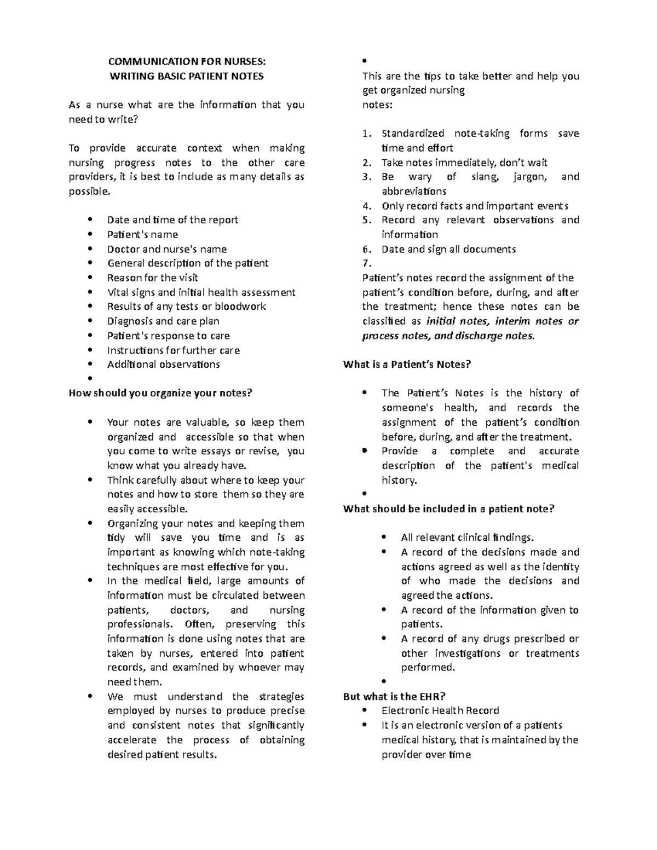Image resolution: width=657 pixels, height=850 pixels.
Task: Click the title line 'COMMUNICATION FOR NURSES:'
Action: coord(187,62)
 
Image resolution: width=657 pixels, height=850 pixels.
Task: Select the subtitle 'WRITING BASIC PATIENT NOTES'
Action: coord(187,76)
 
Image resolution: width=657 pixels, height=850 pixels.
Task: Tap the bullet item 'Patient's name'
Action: coord(142,234)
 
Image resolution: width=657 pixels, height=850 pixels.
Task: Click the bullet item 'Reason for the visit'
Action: coord(152,277)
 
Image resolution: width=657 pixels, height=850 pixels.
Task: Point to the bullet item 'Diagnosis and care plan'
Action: coord(163,321)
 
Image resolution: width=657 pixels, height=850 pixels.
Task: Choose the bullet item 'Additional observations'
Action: coord(163,365)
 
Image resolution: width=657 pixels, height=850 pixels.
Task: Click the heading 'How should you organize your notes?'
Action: coord(160,393)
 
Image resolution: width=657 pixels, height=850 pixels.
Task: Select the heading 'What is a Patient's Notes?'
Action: coord(407,365)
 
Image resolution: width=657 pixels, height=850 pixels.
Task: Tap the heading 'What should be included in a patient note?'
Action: coord(448,508)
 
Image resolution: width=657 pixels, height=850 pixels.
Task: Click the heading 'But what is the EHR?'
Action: coord(394,696)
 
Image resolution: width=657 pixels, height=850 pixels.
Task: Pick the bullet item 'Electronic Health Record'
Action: coord(440,710)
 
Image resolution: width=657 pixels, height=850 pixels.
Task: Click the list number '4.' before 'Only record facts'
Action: coord(367,206)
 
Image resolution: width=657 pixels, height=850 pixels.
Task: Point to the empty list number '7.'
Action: coord(367,263)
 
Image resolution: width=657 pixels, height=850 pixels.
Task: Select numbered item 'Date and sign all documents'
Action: coord(448,249)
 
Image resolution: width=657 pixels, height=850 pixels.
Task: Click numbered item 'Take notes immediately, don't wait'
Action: coord(464,163)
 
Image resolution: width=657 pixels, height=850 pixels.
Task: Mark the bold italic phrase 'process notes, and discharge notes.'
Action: coord(448,336)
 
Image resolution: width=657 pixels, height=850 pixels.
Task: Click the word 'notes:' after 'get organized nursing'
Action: coord(377,105)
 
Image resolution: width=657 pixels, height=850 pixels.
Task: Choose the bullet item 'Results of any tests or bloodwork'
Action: coord(186,307)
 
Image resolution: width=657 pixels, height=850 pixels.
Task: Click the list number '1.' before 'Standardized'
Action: coord(367,134)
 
